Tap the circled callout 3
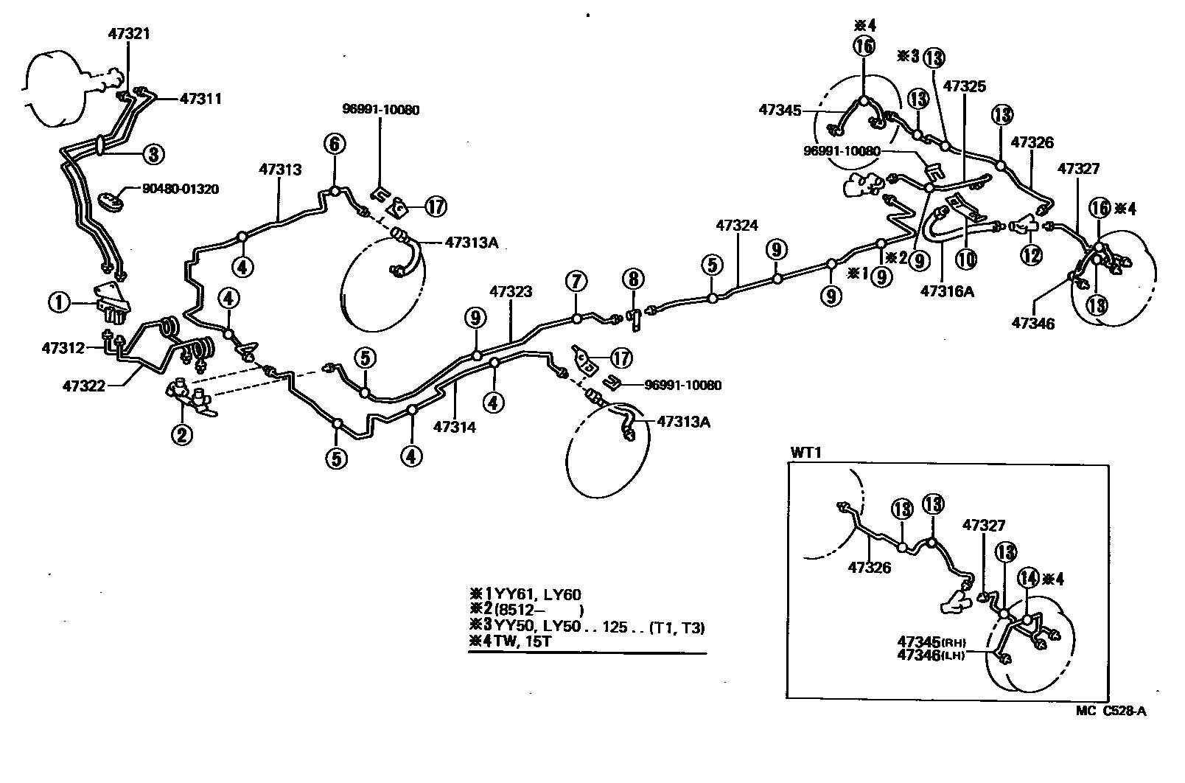pyautogui.click(x=153, y=154)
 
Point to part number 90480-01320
pyautogui.click(x=181, y=189)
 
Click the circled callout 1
pyautogui.click(x=59, y=301)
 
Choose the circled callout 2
pyautogui.click(x=181, y=435)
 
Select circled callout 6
pyautogui.click(x=334, y=144)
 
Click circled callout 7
pyautogui.click(x=576, y=281)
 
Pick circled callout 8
pyautogui.click(x=632, y=279)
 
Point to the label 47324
pyautogui.click(x=738, y=226)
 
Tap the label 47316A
pyautogui.click(x=947, y=291)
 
